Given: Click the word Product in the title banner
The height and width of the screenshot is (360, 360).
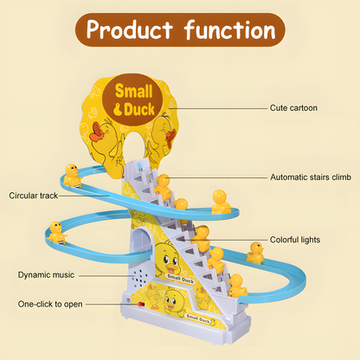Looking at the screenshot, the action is coord(130,29).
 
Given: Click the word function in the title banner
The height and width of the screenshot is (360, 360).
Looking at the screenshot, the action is coord(230,29).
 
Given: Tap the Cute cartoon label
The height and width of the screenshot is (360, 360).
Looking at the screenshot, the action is coord(293,108).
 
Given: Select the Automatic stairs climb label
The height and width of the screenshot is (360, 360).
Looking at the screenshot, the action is coord(311,177).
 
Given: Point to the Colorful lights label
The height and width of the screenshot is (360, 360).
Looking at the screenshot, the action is coord(295,240).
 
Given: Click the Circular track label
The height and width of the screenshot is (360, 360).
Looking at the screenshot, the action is coord(34,196).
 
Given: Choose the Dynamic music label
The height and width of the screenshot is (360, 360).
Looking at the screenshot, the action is coord(46,275).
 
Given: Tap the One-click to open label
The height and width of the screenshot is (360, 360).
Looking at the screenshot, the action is coord(50,304).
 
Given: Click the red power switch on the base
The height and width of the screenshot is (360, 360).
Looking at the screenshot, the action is coord(141,304).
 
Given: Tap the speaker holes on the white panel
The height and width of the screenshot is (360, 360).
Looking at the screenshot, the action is coord(141,277).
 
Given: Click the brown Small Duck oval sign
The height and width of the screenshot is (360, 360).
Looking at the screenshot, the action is coord(133,100).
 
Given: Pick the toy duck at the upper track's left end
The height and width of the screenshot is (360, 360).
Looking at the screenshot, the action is coord(72,176).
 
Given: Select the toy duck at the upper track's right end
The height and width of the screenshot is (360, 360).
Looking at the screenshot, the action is coord(221,202).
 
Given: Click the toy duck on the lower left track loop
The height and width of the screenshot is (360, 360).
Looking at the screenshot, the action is coord(56,233).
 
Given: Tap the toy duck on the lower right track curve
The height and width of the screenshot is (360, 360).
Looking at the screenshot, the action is coord(255,253).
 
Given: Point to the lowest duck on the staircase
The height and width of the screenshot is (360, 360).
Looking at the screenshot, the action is coord(237,286).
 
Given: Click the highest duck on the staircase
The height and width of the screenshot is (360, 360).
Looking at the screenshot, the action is coord(163,187).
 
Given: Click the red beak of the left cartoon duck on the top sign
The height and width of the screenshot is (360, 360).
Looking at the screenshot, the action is coord(98,132).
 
